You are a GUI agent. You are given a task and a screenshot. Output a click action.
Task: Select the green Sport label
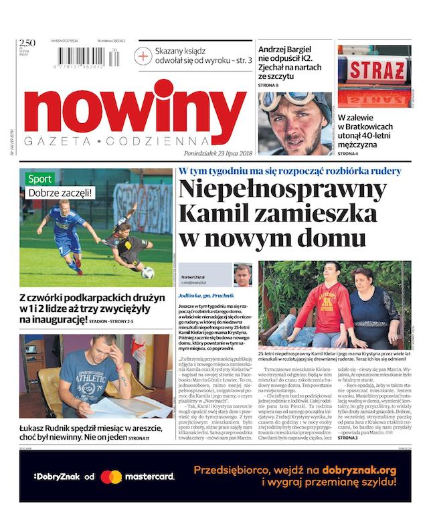point(39,179)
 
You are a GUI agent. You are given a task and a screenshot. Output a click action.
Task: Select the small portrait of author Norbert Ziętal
point(242,275)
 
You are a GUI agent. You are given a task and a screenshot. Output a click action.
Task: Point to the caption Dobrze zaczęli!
point(60,194)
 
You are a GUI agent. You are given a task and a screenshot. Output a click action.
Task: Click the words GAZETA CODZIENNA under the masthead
point(116,143)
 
